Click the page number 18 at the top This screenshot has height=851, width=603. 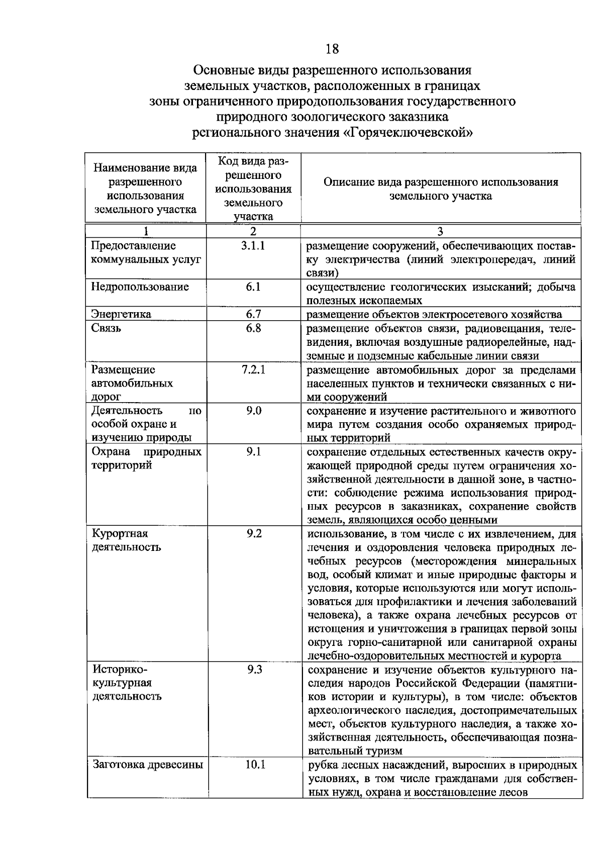coord(332,49)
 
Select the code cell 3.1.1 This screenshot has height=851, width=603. coord(253,246)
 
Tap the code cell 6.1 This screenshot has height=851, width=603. coord(253,287)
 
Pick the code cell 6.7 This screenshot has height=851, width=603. coord(253,314)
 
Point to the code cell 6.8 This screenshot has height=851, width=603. coord(253,328)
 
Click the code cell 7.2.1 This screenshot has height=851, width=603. coord(253,369)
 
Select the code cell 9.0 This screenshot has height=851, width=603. coord(254,411)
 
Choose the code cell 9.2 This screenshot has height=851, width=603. coord(254,533)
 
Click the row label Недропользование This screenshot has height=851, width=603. coord(140,287)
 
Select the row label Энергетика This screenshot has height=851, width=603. coord(121,314)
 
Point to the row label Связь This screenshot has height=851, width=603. coord(106,328)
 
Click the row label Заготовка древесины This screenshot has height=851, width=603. coord(148,765)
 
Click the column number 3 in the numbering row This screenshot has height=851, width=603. coord(440,231)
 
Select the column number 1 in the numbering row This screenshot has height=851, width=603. coord(146,231)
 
